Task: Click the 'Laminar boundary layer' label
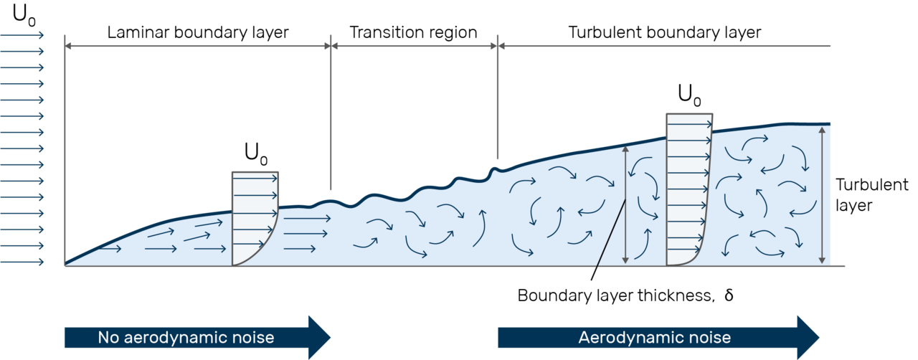[x=198, y=33]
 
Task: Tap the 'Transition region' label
[x=414, y=33]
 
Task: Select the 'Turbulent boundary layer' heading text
[x=665, y=33]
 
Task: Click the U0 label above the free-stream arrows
[x=24, y=16]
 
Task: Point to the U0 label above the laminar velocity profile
[x=256, y=153]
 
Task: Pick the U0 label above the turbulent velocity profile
[x=689, y=95]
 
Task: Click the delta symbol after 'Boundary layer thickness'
[x=729, y=295]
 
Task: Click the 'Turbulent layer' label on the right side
[x=871, y=195]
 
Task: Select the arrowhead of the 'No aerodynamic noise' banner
[x=320, y=338]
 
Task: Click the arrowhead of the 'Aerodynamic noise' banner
[x=808, y=338]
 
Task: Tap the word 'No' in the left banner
[x=108, y=338]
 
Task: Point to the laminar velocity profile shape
[x=255, y=219]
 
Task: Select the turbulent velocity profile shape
[x=689, y=190]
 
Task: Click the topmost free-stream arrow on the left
[x=22, y=35]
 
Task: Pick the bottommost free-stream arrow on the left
[x=22, y=262]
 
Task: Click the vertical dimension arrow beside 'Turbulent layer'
[x=822, y=195]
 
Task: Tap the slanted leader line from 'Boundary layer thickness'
[x=609, y=240]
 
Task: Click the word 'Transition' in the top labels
[x=386, y=32]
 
